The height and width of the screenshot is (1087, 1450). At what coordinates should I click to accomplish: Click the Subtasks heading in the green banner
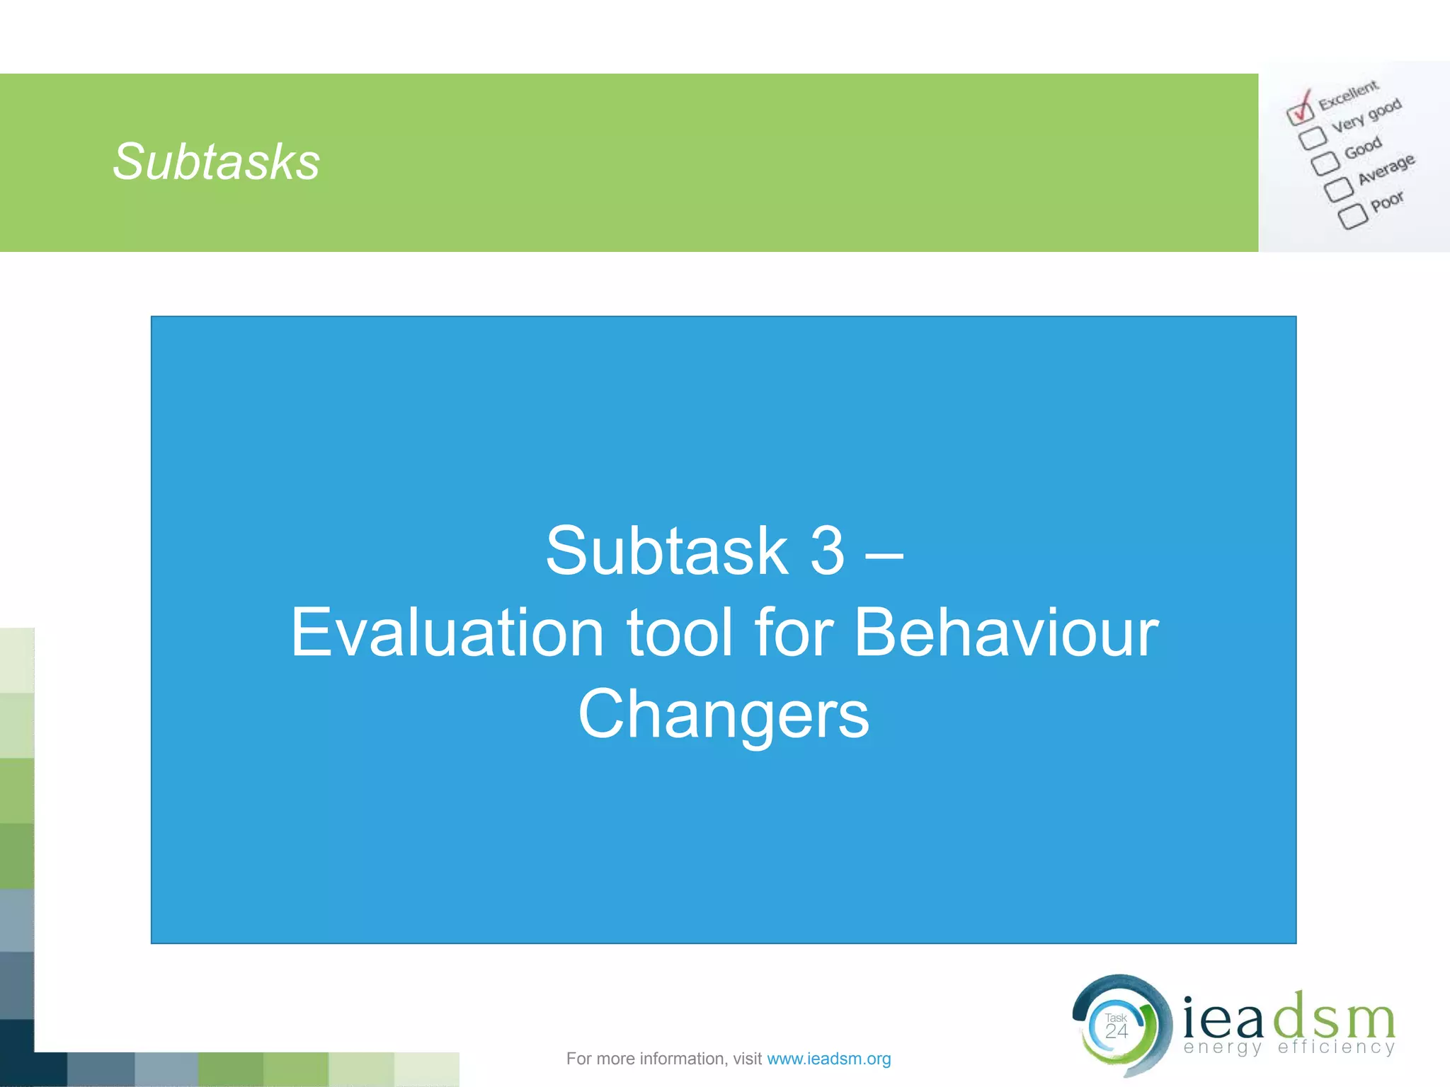[216, 162]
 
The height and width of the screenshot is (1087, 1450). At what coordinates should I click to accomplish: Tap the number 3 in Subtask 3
[827, 551]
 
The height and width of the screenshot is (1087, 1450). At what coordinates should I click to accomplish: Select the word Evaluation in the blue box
[447, 633]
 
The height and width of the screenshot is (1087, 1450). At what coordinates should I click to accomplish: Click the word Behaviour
[1006, 633]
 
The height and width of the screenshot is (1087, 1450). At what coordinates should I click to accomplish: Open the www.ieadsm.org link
[828, 1059]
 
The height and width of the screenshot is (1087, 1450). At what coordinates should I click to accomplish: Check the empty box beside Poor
[1352, 217]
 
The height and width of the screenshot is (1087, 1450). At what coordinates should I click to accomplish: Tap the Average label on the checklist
[1386, 169]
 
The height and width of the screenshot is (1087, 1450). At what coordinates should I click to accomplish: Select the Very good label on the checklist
[1366, 115]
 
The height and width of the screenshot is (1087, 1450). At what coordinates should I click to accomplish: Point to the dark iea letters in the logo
[1223, 1016]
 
